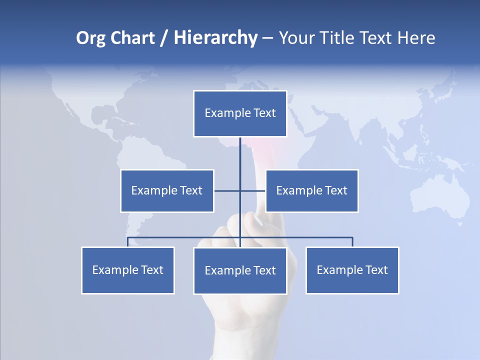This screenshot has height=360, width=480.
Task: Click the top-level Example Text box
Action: click(240, 113)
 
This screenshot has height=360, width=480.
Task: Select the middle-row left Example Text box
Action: click(167, 190)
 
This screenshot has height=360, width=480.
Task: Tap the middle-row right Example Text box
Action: click(311, 190)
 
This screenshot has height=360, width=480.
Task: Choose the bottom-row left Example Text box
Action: click(127, 270)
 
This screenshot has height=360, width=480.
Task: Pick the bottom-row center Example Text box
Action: click(240, 270)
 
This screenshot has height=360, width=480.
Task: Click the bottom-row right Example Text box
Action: click(352, 270)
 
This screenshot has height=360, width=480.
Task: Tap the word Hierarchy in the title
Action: click(215, 38)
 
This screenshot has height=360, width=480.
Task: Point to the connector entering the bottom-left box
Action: click(127, 242)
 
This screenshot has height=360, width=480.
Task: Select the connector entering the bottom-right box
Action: click(352, 242)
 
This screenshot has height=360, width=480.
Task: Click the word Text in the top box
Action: click(264, 113)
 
